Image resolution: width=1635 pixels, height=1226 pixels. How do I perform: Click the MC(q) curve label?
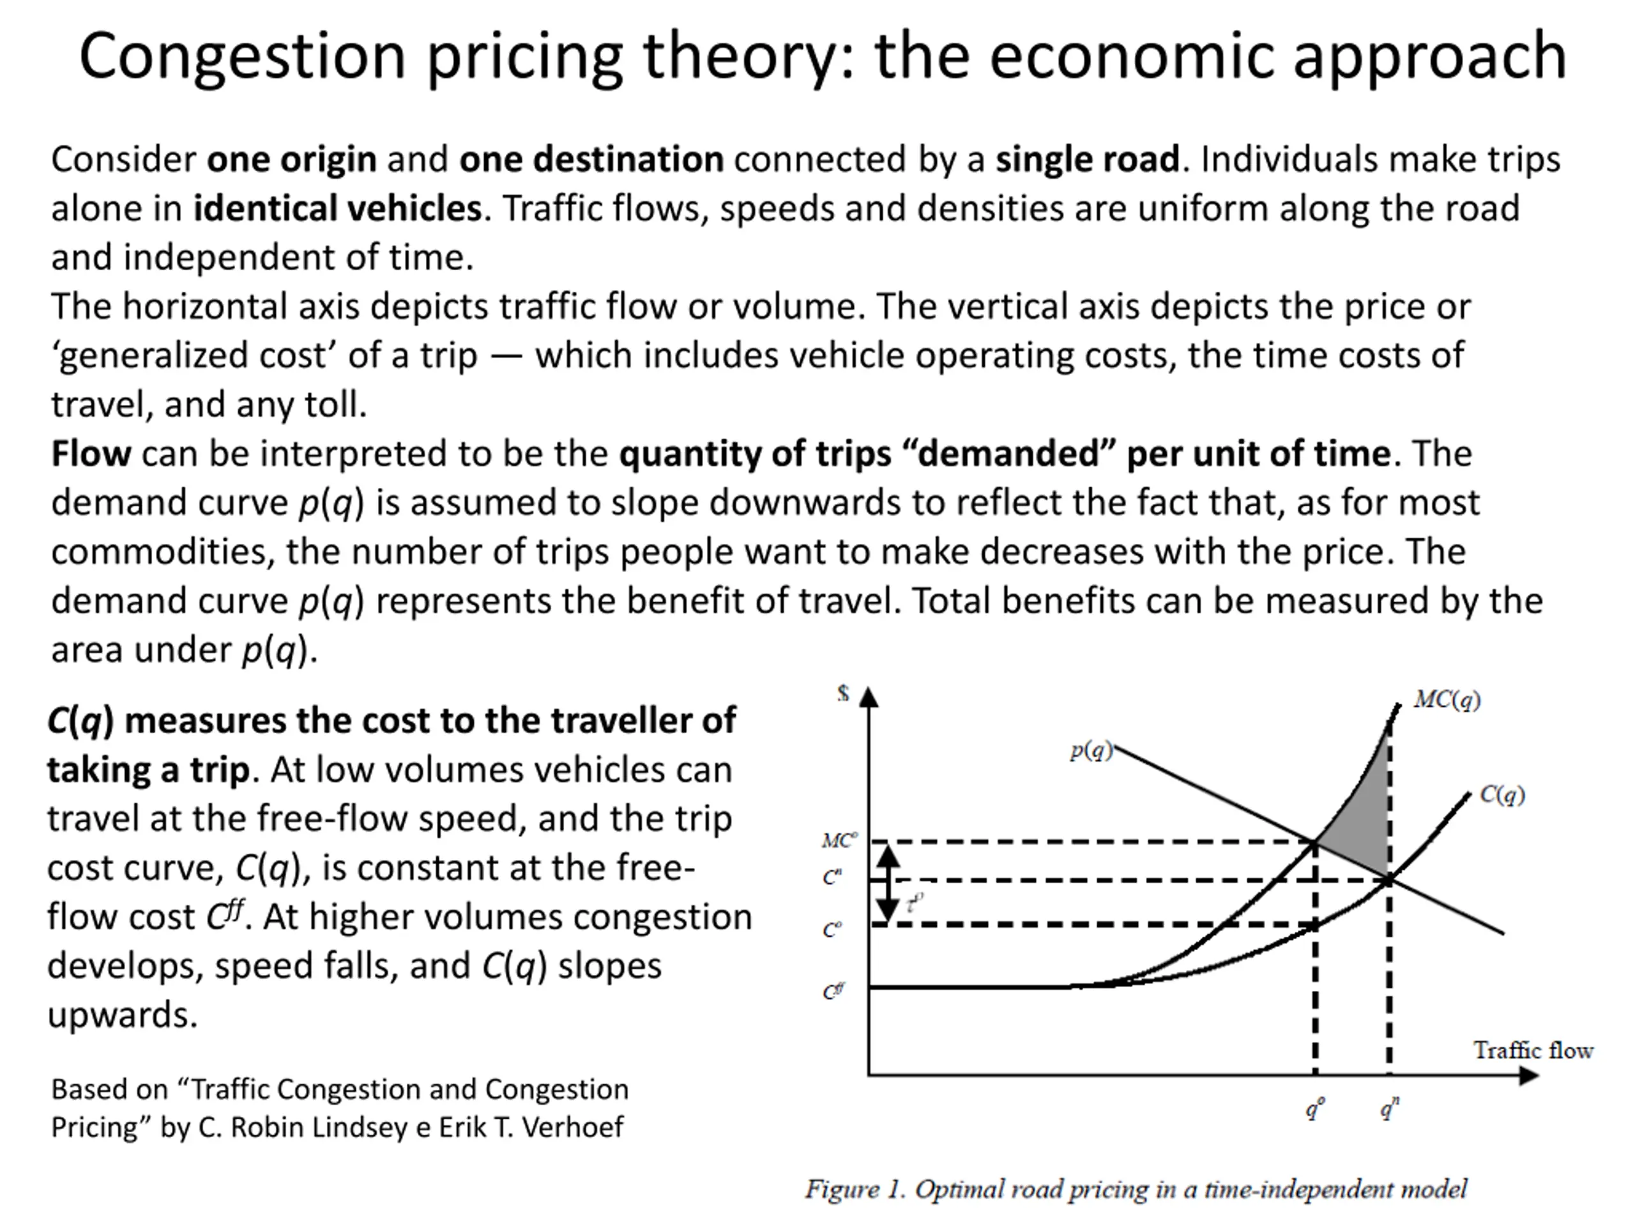click(x=1447, y=699)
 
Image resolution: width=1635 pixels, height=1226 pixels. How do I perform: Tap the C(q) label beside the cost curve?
click(x=1502, y=795)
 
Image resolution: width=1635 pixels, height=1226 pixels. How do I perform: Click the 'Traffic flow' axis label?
click(x=1533, y=1050)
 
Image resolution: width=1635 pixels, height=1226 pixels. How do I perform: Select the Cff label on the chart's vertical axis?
click(x=833, y=991)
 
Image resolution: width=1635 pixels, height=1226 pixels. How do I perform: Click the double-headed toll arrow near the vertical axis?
click(x=888, y=884)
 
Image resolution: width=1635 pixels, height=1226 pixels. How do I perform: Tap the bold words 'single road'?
click(x=1086, y=160)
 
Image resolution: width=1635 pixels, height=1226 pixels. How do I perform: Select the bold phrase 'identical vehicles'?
click(x=338, y=208)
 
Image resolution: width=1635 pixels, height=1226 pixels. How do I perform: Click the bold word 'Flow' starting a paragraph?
click(x=91, y=454)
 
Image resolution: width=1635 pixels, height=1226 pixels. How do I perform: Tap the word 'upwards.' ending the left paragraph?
click(x=123, y=1015)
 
